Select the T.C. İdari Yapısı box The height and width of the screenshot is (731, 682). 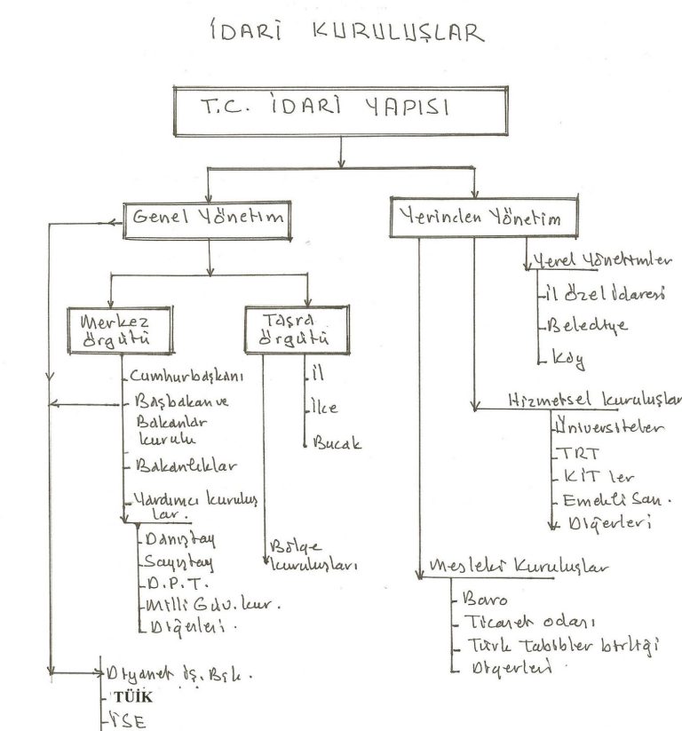click(x=341, y=111)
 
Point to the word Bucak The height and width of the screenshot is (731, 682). click(x=337, y=443)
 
